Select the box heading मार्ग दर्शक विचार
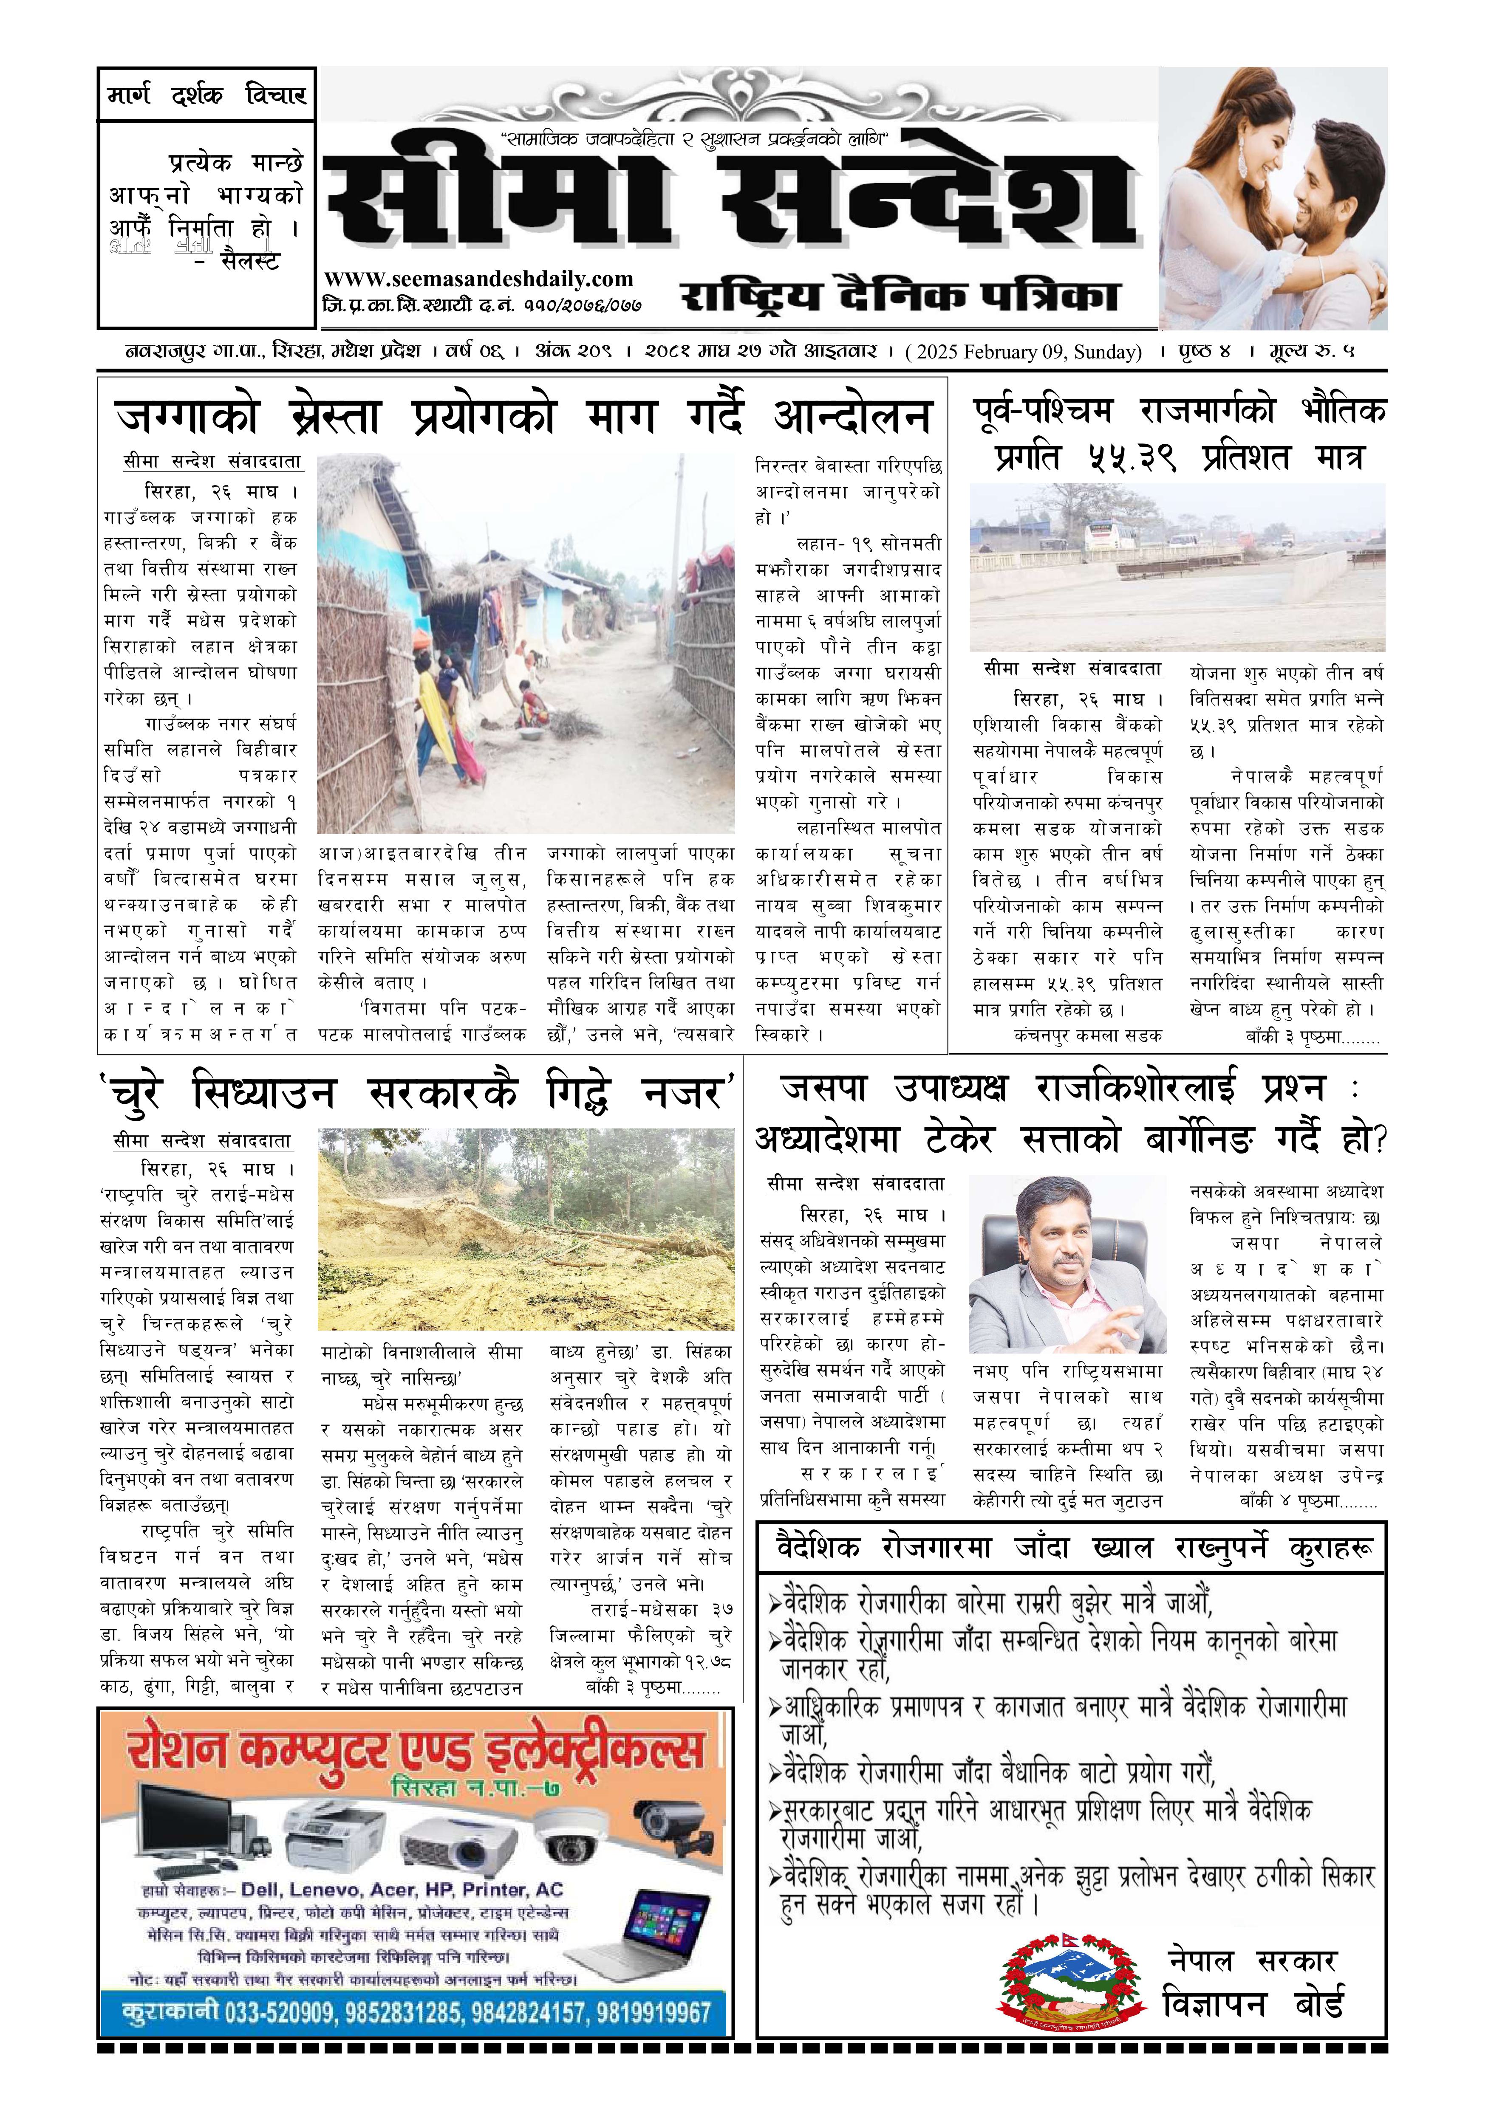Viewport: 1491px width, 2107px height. click(207, 96)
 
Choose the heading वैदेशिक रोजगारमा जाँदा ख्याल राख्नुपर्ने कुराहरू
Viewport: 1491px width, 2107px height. click(1070, 1548)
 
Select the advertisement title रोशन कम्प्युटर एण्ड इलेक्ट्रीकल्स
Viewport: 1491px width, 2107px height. click(416, 1752)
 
